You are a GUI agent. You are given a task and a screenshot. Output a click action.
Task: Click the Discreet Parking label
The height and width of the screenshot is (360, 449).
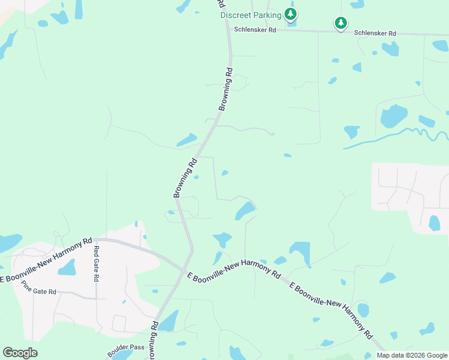point(250,15)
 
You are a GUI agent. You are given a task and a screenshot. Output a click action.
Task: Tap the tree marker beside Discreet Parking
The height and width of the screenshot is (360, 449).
point(291,14)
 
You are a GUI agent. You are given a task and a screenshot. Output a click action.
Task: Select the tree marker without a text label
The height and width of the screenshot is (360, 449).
point(341,23)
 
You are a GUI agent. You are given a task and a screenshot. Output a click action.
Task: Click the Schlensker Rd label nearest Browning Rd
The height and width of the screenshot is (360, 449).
point(255,29)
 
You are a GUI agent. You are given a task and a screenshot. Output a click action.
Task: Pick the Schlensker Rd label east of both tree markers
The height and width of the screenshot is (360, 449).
point(375,34)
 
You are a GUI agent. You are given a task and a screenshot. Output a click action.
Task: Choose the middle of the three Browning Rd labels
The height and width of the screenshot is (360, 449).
point(185,178)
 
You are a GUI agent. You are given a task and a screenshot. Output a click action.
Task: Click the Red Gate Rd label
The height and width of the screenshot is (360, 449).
point(95,263)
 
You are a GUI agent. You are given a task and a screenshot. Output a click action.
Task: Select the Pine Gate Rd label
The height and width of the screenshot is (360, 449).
point(38,287)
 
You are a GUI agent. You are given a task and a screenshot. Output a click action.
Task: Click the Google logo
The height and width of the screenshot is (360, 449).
point(20,353)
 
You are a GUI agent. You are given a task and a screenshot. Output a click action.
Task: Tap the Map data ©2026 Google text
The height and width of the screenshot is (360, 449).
point(412,355)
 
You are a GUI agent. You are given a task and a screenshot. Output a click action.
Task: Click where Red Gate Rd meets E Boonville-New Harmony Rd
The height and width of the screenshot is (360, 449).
point(95,239)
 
